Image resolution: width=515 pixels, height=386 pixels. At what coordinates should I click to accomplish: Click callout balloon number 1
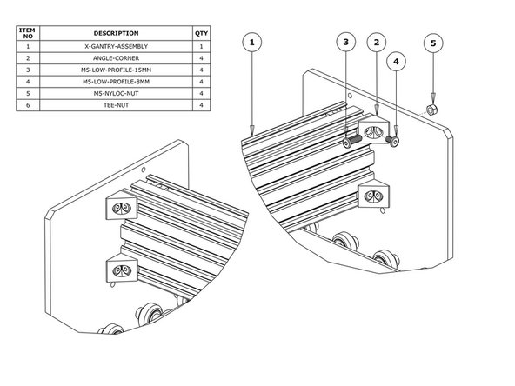point(252,43)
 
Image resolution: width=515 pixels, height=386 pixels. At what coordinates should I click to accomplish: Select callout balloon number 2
point(376,42)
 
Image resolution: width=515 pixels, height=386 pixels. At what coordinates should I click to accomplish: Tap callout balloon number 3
point(345,42)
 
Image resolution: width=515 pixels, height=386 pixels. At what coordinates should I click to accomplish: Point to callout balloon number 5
point(432,42)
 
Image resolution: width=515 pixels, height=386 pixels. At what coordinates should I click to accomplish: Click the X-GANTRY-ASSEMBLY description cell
point(115,45)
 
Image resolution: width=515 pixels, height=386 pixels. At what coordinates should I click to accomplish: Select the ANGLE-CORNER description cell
point(115,57)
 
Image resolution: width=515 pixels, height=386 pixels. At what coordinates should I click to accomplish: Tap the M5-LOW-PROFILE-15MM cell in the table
point(115,69)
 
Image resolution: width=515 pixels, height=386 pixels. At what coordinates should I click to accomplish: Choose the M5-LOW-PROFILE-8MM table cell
point(115,81)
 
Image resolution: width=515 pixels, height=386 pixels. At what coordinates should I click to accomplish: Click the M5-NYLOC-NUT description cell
point(115,92)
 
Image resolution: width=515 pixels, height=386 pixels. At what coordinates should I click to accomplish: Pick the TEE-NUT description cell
point(115,104)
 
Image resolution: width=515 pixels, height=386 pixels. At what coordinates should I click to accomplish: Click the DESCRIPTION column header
point(115,32)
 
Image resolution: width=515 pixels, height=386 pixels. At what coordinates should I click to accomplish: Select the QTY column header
point(202,32)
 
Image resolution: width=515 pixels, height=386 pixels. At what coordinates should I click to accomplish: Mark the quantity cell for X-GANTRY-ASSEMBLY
point(202,45)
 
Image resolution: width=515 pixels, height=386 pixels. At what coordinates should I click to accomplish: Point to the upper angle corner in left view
point(122,207)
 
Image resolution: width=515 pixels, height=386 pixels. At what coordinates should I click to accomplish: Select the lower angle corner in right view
point(376,196)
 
